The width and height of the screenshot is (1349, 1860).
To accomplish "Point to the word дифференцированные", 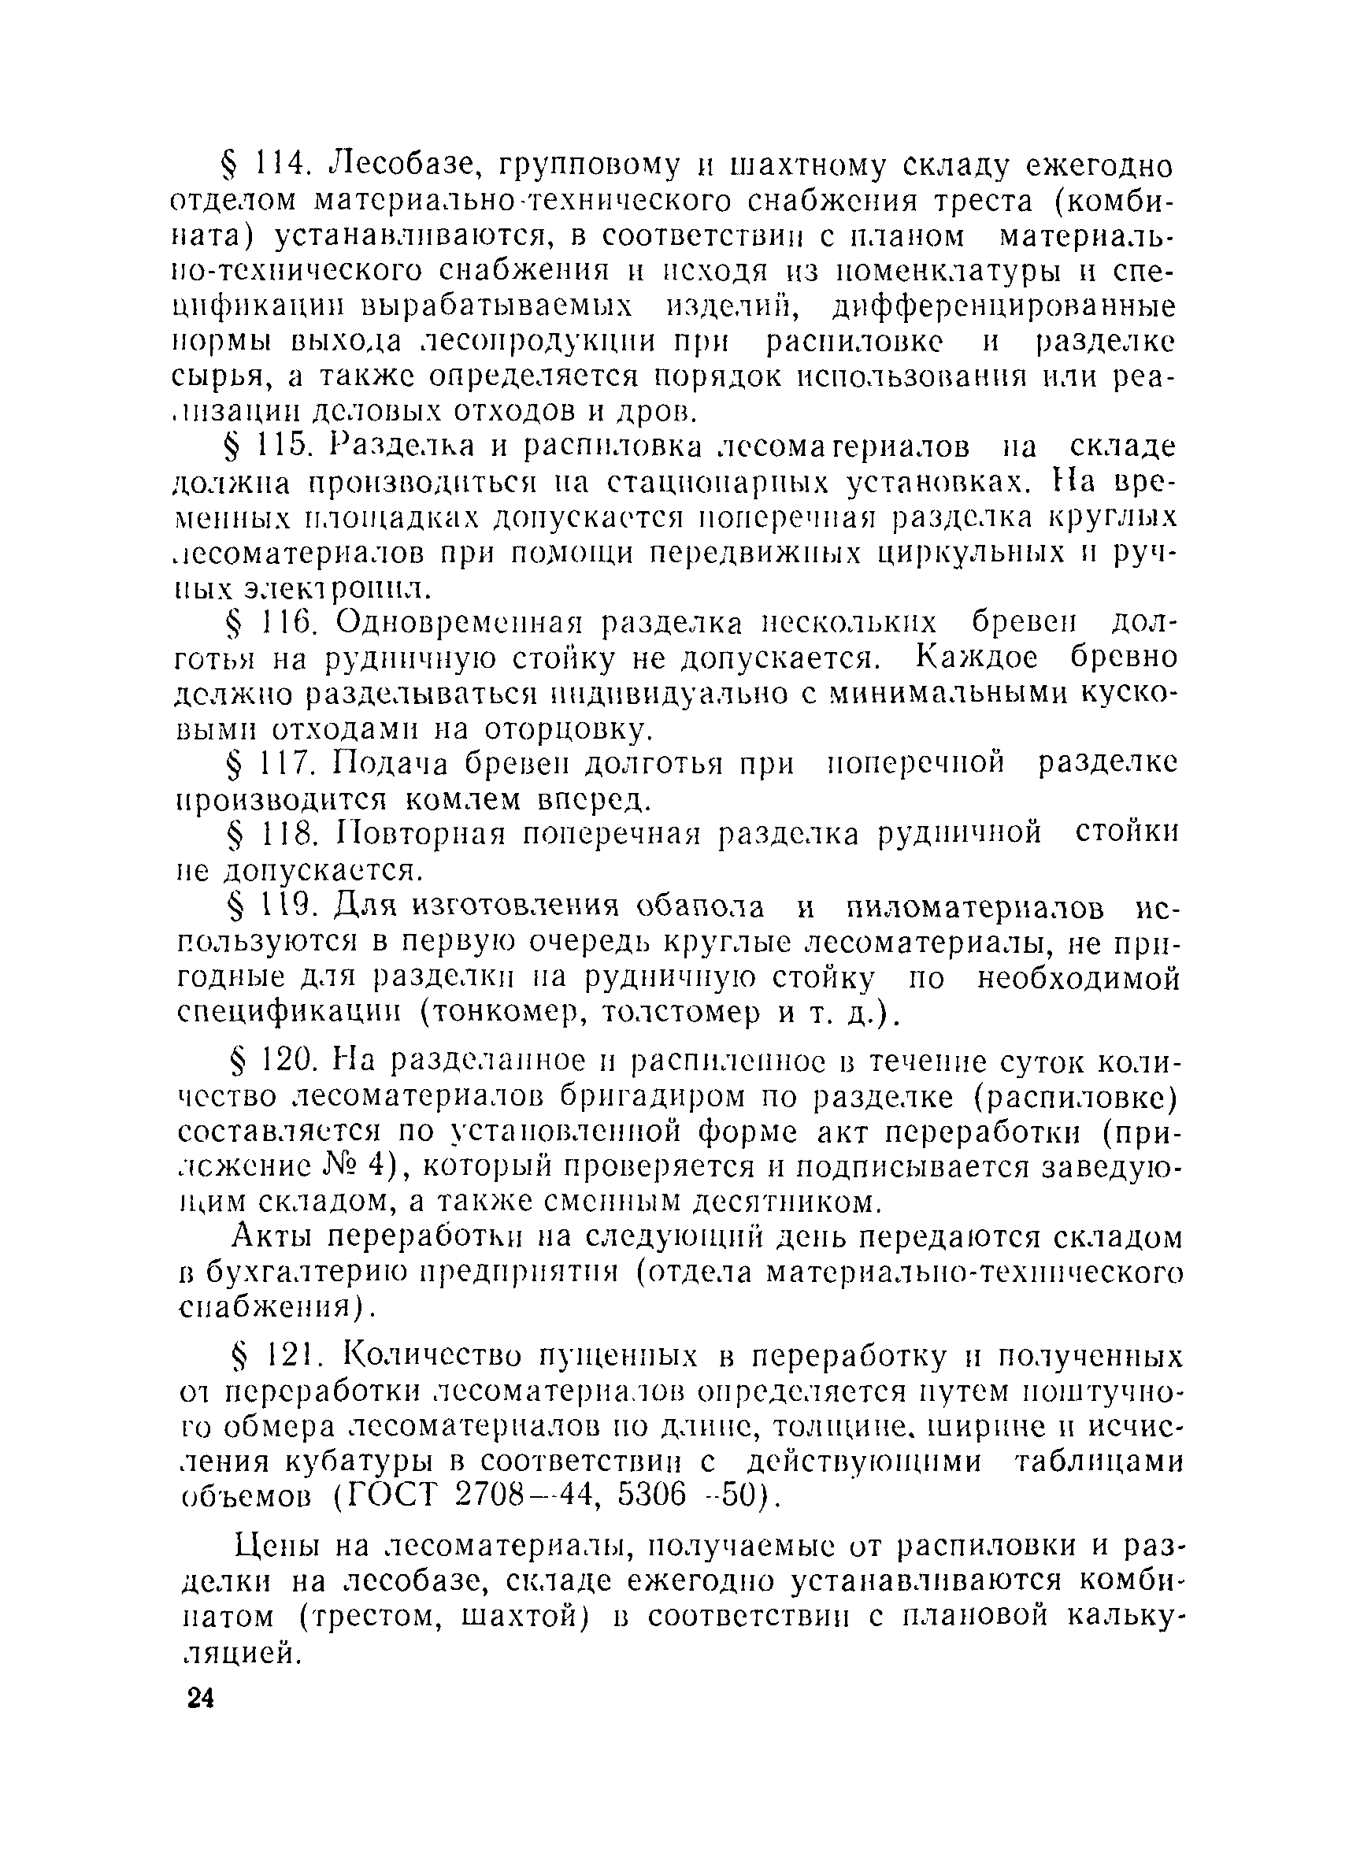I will [x=1005, y=307].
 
